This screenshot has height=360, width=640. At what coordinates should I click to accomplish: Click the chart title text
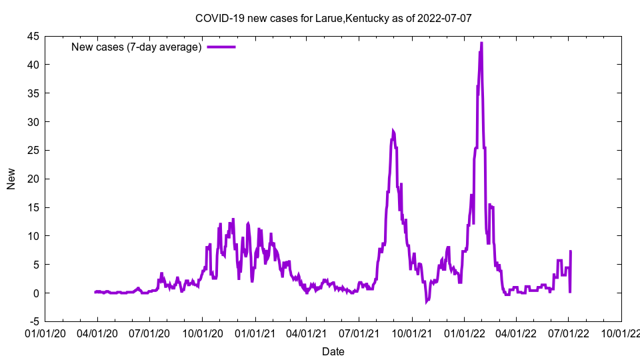[x=333, y=18]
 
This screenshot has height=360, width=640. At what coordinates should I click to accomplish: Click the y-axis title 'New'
[x=11, y=179]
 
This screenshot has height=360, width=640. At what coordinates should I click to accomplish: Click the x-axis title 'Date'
[x=333, y=351]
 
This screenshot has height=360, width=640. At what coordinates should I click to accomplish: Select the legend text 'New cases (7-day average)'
[x=136, y=47]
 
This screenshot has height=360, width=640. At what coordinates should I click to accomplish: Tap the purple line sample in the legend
[x=221, y=47]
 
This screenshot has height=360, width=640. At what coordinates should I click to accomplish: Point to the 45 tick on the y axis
[x=33, y=36]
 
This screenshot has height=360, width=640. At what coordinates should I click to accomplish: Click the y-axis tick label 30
[x=33, y=122]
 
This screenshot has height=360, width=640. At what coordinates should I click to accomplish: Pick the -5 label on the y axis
[x=33, y=322]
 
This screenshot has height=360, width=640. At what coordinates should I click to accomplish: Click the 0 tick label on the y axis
[x=36, y=293]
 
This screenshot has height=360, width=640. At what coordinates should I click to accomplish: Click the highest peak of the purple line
[x=481, y=43]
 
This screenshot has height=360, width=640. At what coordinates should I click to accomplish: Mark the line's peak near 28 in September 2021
[x=393, y=131]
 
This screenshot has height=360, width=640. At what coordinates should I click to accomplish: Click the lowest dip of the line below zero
[x=427, y=302]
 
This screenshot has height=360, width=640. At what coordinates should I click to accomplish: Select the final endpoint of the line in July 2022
[x=571, y=251]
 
